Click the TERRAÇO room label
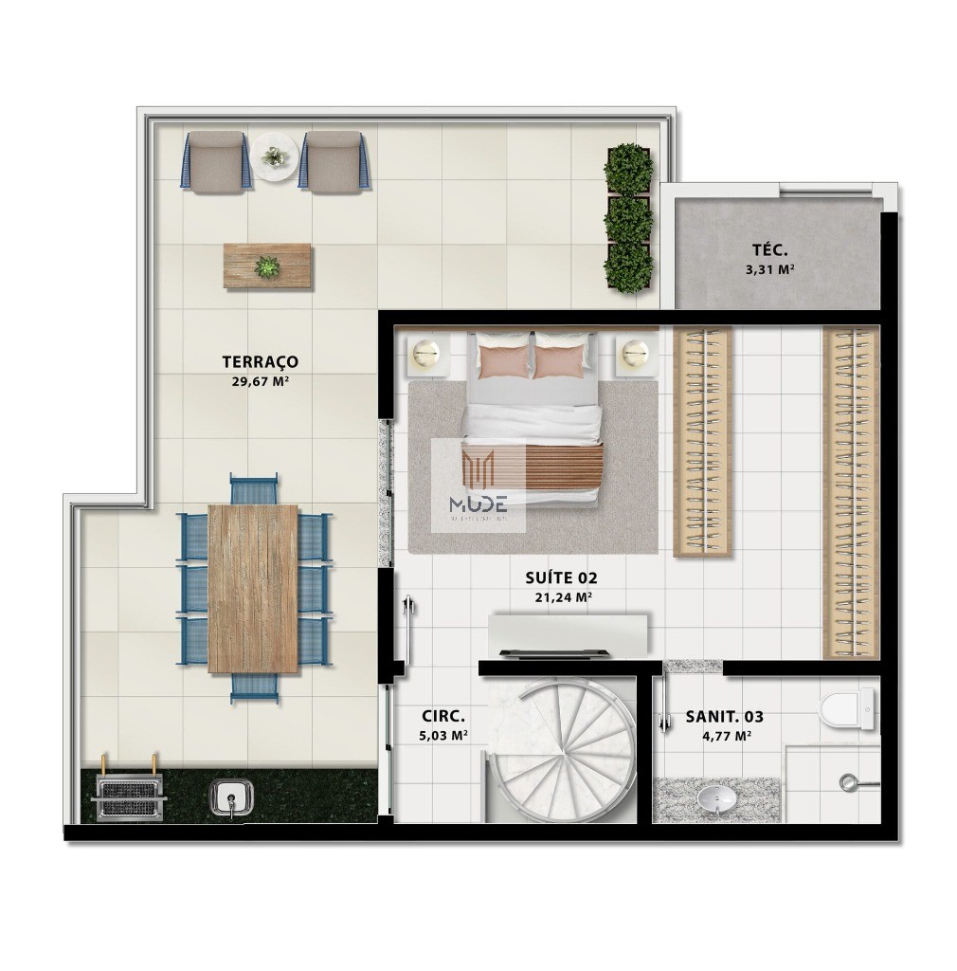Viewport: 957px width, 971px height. tap(260, 361)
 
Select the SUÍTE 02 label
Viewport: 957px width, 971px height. tap(561, 577)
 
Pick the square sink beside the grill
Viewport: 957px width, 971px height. tap(229, 797)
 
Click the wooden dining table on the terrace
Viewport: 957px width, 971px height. tap(253, 588)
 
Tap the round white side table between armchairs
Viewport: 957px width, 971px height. tap(275, 156)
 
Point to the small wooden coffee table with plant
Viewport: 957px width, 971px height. tap(267, 266)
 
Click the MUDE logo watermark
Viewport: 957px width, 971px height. tap(478, 485)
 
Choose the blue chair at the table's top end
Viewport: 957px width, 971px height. tap(254, 488)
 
